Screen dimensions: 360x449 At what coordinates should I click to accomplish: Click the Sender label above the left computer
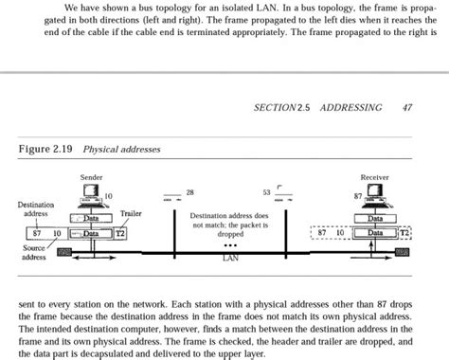(x=92, y=177)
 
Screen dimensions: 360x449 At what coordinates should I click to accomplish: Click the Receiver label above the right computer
(x=375, y=177)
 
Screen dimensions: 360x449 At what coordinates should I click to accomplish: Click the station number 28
(x=189, y=191)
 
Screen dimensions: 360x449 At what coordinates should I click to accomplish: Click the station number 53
(x=266, y=191)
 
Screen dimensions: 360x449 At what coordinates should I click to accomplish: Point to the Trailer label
(x=132, y=214)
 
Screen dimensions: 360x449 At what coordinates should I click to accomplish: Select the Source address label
(x=35, y=252)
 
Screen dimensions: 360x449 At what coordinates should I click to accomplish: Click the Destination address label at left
(x=35, y=209)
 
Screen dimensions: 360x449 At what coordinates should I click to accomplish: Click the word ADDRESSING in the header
(x=351, y=108)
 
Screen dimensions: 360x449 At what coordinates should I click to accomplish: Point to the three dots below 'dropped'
(x=229, y=243)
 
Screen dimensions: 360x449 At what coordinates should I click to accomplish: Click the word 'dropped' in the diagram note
(x=230, y=233)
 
